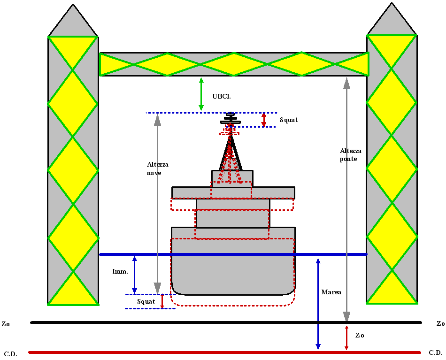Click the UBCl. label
[x=222, y=96]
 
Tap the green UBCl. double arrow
[x=201, y=94]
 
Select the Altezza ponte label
[x=351, y=155]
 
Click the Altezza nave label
[x=158, y=169]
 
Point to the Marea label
[x=331, y=292]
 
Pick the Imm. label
[x=120, y=272]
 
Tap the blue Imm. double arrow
[x=135, y=274]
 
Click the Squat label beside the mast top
[x=289, y=120]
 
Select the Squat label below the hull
[x=146, y=301]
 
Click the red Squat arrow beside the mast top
[x=264, y=120]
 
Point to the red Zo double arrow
[x=346, y=337]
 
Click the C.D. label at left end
[x=11, y=354]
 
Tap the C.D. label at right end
[x=435, y=352]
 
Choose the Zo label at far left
[x=6, y=324]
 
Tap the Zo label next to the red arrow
[x=360, y=336]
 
